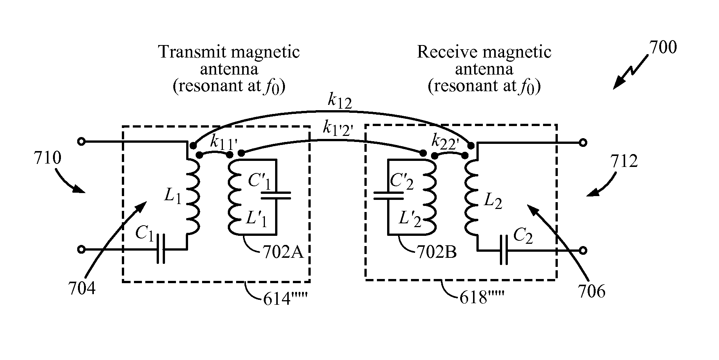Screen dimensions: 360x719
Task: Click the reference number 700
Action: pyautogui.click(x=663, y=48)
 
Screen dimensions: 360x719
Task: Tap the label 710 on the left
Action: pyautogui.click(x=48, y=158)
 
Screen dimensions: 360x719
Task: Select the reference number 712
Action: pyautogui.click(x=624, y=161)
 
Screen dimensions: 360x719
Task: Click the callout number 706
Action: pyautogui.click(x=591, y=291)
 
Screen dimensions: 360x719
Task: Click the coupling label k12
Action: pyautogui.click(x=340, y=101)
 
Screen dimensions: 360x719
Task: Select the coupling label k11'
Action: pyautogui.click(x=223, y=142)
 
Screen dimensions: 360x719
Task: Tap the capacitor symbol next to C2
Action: pyautogui.click(x=504, y=250)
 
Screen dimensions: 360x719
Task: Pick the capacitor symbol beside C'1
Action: pyautogui.click(x=276, y=195)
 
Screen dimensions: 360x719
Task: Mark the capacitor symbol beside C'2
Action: pyautogui.click(x=388, y=195)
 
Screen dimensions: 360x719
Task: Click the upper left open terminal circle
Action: pyautogui.click(x=81, y=142)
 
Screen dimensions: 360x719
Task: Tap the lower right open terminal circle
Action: pyautogui.click(x=583, y=250)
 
